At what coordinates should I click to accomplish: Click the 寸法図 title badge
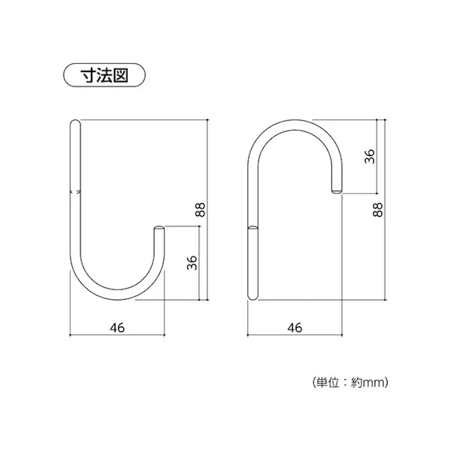(x=104, y=75)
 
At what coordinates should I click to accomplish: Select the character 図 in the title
(x=121, y=75)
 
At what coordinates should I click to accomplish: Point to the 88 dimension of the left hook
(x=201, y=210)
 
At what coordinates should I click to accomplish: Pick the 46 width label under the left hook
(x=116, y=327)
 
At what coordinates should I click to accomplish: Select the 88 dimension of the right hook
(x=378, y=210)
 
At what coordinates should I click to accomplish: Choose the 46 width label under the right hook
(x=295, y=327)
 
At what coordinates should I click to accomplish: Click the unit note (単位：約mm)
(x=349, y=382)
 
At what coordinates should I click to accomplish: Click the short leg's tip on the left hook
(x=161, y=228)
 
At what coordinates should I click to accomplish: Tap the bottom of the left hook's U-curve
(x=117, y=297)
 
